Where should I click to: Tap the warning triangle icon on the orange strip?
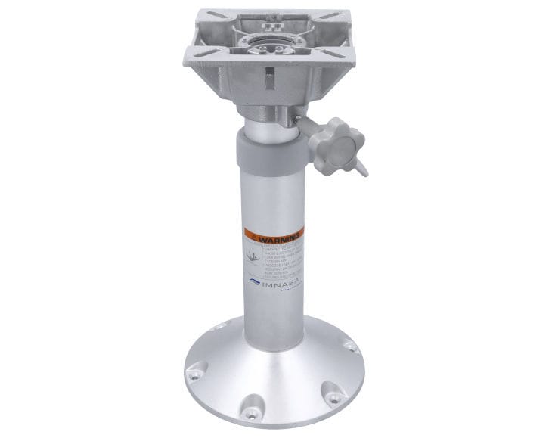pyautogui.click(x=255, y=236)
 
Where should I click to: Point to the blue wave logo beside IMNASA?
pyautogui.click(x=254, y=281)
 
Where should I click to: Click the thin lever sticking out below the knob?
pyautogui.click(x=361, y=164)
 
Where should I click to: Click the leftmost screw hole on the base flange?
pyautogui.click(x=196, y=373)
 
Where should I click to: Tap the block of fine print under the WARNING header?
pyautogui.click(x=281, y=257)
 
